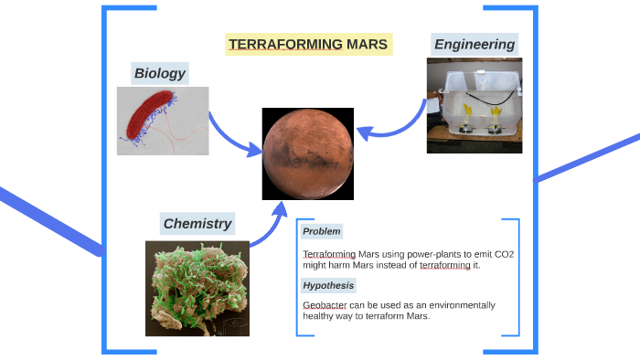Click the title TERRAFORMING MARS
click(x=308, y=44)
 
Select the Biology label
click(x=159, y=73)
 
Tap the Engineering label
click(x=474, y=44)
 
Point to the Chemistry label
click(x=197, y=223)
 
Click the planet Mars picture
click(x=308, y=153)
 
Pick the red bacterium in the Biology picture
click(x=148, y=118)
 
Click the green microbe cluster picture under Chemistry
click(x=197, y=288)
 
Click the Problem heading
click(x=321, y=232)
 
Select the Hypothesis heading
click(x=328, y=285)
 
